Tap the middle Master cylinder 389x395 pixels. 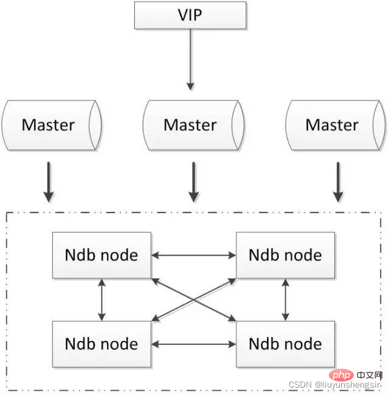(191, 125)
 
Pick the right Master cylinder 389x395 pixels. (332, 125)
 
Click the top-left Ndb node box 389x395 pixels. (102, 254)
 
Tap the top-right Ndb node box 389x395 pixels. (285, 254)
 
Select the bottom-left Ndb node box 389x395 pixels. (102, 344)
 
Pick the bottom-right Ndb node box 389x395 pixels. (285, 344)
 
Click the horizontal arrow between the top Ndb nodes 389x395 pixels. (193, 255)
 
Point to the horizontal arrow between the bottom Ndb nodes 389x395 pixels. (193, 344)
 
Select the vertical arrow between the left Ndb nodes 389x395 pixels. (102, 299)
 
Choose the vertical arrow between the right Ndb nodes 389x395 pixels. (285, 299)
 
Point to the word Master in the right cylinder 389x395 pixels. (332, 125)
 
